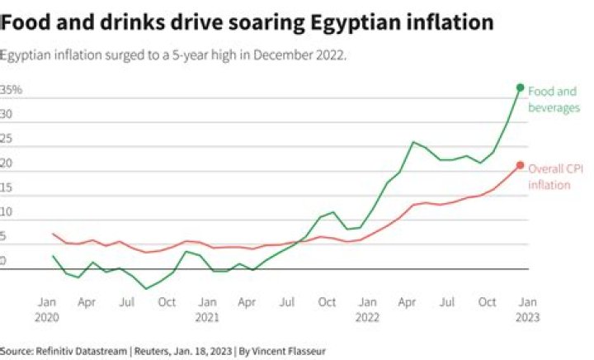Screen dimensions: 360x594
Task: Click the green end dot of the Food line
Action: coord(520,88)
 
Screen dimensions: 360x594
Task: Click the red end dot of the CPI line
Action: coord(520,165)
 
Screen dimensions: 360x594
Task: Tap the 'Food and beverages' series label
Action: coord(554,99)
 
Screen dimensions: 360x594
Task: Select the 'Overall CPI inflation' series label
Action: coord(555,176)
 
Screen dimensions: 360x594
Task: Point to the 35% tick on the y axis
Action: coord(12,89)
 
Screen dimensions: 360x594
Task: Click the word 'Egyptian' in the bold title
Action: coord(356,21)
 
